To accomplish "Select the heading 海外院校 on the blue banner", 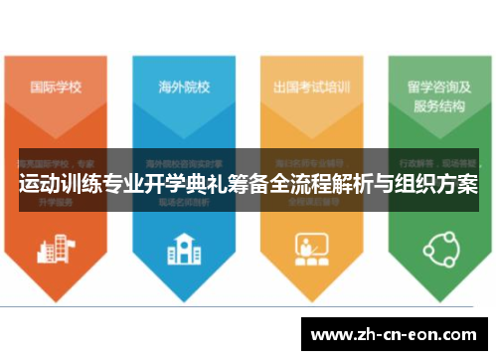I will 184,86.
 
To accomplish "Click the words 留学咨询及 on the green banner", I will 437,85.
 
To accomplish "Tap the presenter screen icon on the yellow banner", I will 311,246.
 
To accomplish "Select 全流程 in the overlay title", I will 279,185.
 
